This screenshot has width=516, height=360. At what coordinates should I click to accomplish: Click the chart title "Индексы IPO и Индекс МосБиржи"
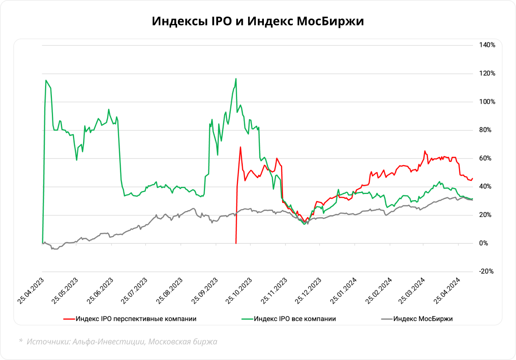[x=258, y=21]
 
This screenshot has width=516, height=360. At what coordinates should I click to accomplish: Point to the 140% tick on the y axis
[x=487, y=45]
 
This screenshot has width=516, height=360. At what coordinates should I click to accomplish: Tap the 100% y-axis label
[x=487, y=102]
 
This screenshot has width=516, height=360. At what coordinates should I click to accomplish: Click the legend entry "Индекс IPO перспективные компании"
[x=136, y=319]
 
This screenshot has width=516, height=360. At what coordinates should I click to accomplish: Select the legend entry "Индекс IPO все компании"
[x=295, y=319]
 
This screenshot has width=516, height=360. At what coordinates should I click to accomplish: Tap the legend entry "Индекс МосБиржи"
[x=423, y=319]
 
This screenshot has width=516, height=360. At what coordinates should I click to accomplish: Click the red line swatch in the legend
[x=69, y=319]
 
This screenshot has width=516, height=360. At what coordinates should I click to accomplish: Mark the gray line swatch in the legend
[x=387, y=319]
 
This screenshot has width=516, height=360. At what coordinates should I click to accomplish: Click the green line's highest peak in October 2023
[x=236, y=79]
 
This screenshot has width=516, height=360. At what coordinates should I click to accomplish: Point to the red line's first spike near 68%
[x=240, y=147]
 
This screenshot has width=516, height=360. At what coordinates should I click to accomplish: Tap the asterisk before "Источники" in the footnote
[x=21, y=341]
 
